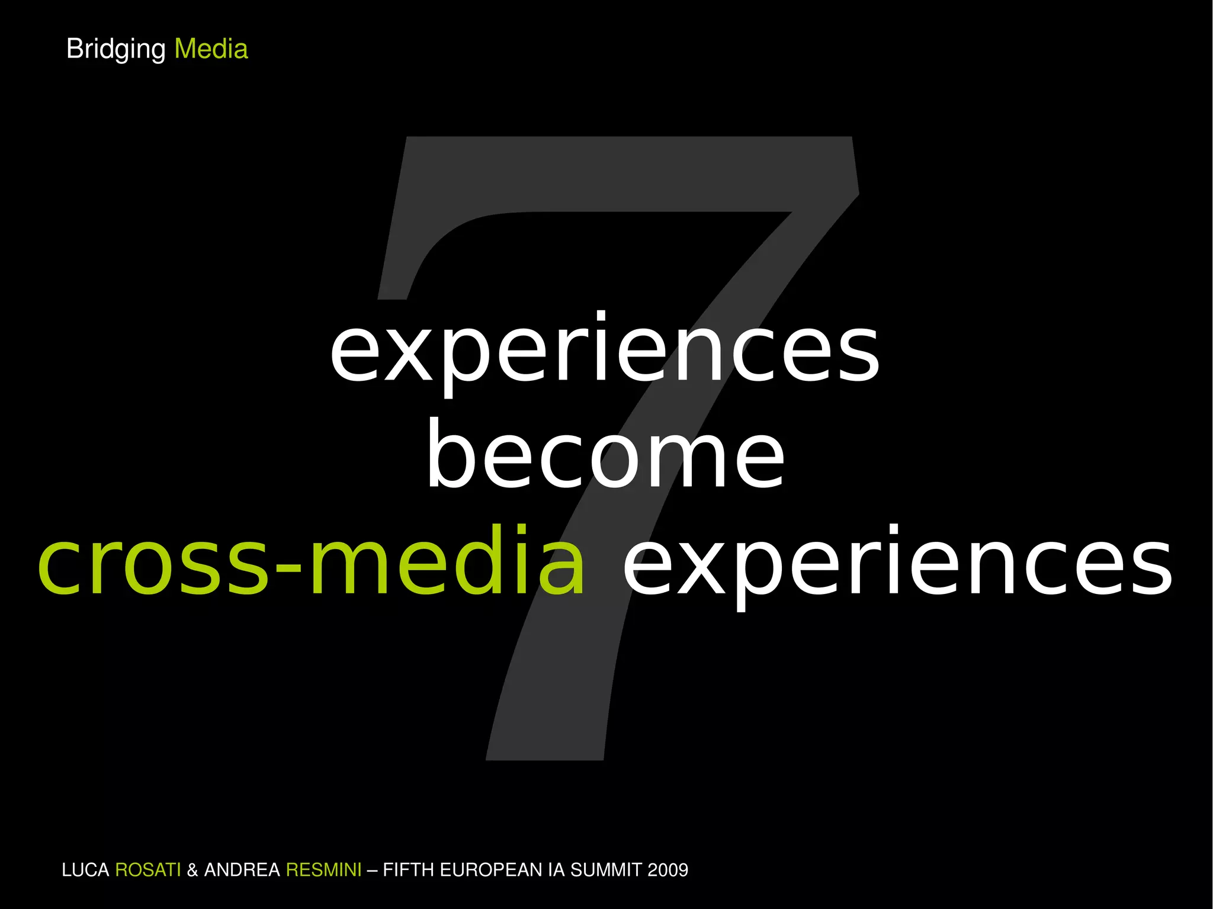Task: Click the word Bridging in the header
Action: click(115, 49)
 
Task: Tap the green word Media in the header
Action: click(211, 49)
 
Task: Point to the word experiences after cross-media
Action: click(897, 563)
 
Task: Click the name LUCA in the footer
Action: click(85, 870)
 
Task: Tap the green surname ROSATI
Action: click(147, 870)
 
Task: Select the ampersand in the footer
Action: click(192, 870)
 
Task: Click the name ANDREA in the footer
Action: click(242, 870)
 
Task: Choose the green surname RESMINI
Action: click(323, 870)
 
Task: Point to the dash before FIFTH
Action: click(372, 870)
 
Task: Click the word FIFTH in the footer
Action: click(409, 870)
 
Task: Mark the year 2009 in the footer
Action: click(668, 870)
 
